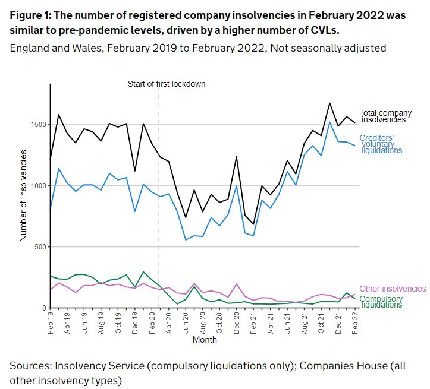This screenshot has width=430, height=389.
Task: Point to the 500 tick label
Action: tap(39, 247)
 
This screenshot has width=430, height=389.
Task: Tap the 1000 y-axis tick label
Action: tap(36, 186)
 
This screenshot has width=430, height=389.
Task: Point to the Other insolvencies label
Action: tap(393, 289)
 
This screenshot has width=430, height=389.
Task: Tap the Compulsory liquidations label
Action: tap(381, 301)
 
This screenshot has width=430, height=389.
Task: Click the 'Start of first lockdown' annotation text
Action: tap(167, 84)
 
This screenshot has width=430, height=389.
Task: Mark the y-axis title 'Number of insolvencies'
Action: tap(24, 195)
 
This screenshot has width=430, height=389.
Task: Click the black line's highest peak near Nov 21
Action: tap(329, 103)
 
